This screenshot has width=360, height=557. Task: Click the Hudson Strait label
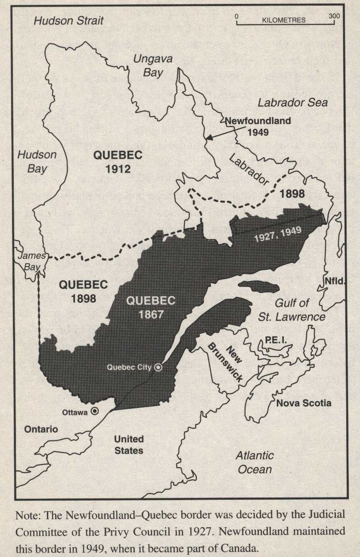click(69, 20)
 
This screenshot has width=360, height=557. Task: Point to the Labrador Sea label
click(292, 103)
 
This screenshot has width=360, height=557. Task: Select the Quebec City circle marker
click(158, 367)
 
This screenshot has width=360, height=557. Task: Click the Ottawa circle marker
click(94, 411)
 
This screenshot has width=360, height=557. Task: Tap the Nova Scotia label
click(304, 403)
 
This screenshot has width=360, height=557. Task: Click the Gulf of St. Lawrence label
click(298, 311)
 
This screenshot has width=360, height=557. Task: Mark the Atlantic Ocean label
click(255, 462)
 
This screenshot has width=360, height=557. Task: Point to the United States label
click(128, 445)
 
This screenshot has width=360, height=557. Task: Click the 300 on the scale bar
click(333, 16)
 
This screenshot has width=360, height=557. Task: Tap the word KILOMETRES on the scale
click(283, 20)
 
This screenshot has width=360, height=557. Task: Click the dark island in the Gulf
click(259, 286)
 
